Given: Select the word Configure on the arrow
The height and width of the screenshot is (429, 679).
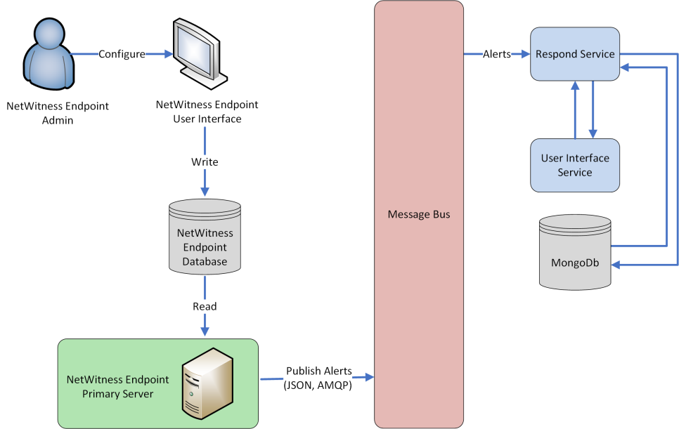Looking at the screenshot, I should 122,54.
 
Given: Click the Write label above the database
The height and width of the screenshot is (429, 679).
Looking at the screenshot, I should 205,162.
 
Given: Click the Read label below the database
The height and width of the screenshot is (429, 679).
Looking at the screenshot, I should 205,307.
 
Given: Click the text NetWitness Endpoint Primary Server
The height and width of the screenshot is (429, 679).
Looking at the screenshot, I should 117,386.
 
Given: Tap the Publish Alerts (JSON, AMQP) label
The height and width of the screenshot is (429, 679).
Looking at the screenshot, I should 318,378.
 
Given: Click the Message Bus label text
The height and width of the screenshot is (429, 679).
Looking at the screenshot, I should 418,214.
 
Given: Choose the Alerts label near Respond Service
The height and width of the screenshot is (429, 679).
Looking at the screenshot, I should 497,54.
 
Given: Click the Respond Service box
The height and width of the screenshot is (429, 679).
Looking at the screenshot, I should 574,54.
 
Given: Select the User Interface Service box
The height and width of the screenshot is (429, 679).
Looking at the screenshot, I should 574,165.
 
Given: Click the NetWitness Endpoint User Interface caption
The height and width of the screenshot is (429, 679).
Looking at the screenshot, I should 207,112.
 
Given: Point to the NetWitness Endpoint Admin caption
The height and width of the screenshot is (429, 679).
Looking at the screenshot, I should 48,113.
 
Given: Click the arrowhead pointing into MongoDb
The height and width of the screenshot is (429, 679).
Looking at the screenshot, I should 616,265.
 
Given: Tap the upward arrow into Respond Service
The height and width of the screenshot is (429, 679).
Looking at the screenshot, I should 575,85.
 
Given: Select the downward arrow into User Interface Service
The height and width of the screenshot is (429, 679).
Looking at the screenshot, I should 593,133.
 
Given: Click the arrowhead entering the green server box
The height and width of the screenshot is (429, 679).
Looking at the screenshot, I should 205,331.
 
